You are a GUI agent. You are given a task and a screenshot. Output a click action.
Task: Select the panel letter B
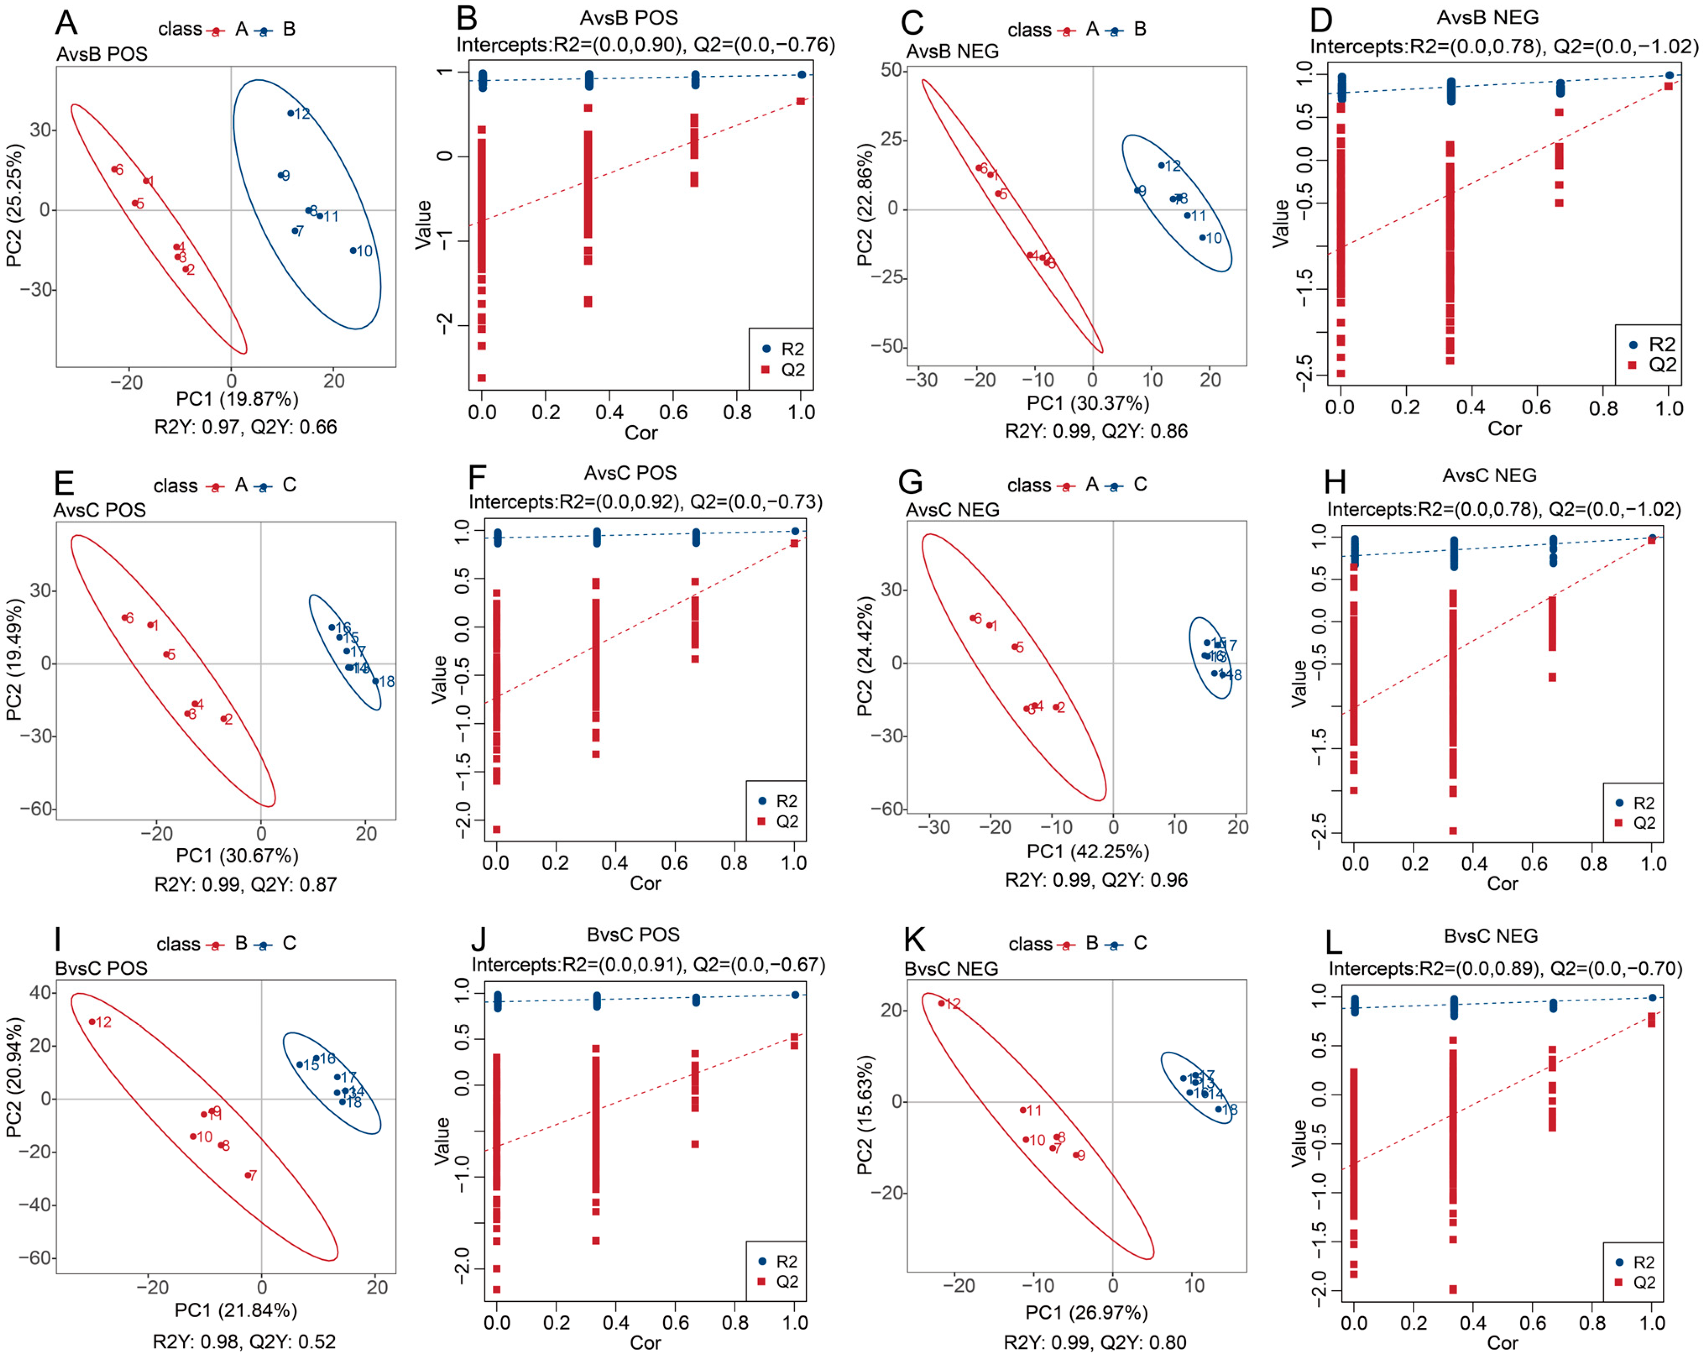pyautogui.click(x=468, y=20)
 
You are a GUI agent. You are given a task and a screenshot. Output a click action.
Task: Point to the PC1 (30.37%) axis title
pyautogui.click(x=1088, y=404)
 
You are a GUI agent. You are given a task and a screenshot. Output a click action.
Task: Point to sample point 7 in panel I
pyautogui.click(x=247, y=1175)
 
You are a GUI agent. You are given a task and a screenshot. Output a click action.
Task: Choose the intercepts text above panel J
pyautogui.click(x=647, y=965)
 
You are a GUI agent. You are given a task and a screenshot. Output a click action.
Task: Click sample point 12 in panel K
pyautogui.click(x=941, y=1004)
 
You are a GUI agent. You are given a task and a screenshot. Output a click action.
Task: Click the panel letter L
pyautogui.click(x=1334, y=942)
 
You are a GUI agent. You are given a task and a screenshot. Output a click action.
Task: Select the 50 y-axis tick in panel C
pyautogui.click(x=891, y=70)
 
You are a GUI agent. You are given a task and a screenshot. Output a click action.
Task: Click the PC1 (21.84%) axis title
pyautogui.click(x=235, y=1310)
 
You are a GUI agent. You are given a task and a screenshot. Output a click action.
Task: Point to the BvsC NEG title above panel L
pyautogui.click(x=1491, y=936)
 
